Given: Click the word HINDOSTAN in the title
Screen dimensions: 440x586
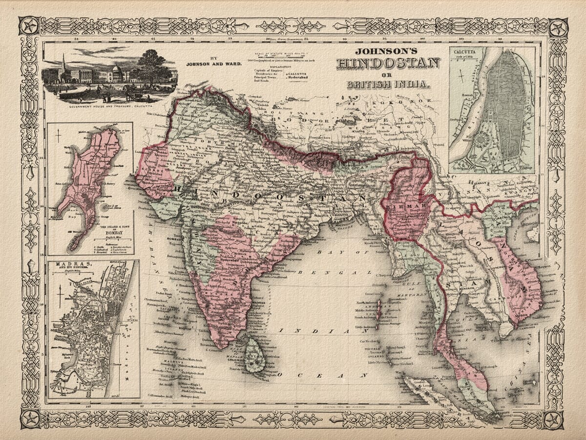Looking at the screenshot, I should pyautogui.click(x=388, y=64).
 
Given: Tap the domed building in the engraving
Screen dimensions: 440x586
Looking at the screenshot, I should pyautogui.click(x=117, y=73).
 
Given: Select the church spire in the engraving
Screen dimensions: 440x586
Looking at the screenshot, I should pyautogui.click(x=63, y=64).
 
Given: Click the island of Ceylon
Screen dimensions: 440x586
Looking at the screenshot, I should pyautogui.click(x=254, y=354).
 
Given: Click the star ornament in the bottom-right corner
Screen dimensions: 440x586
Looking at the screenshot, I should pyautogui.click(x=553, y=419).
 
